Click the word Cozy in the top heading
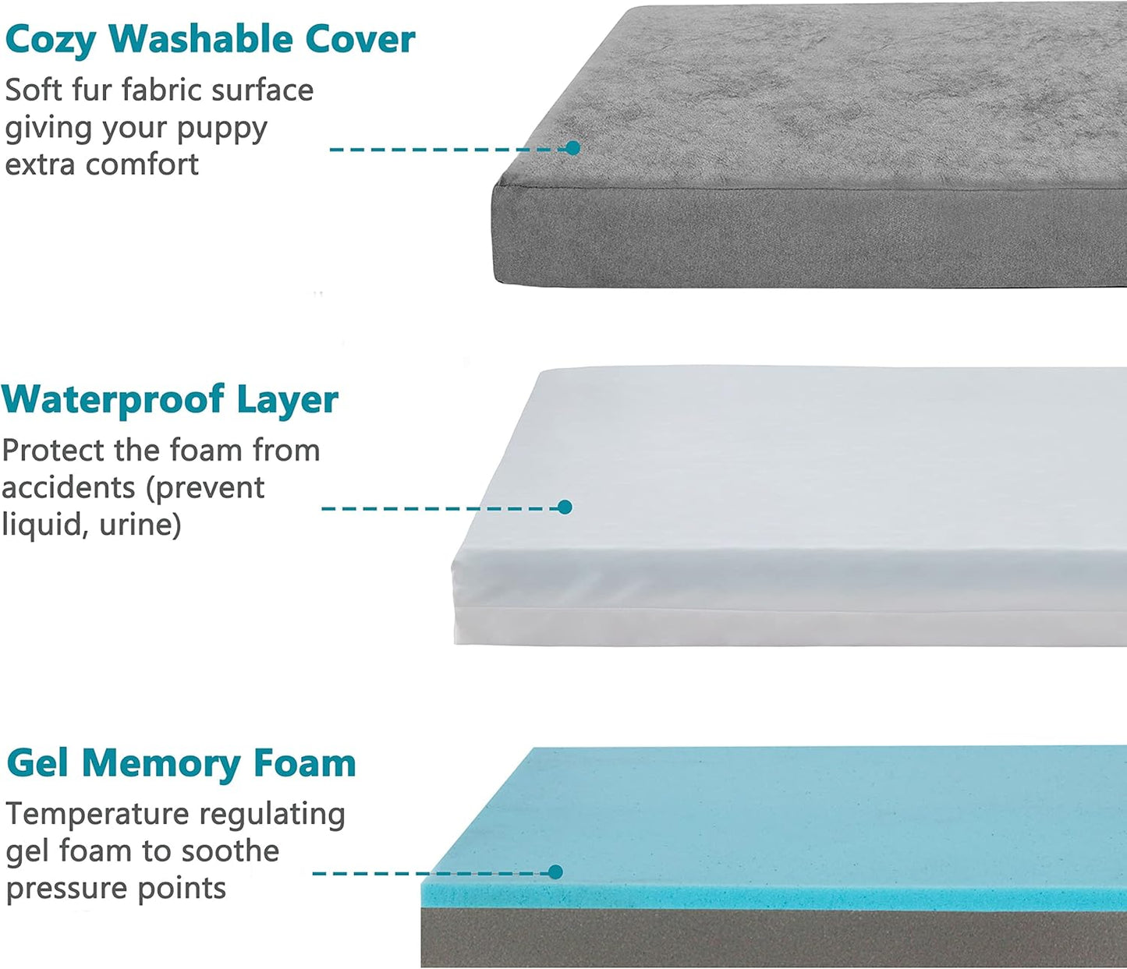[50, 41]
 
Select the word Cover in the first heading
[360, 39]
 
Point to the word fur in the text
[92, 90]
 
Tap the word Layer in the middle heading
[287, 400]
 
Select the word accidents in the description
[69, 488]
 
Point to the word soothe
[232, 851]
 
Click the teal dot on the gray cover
[573, 148]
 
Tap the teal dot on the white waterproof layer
[565, 507]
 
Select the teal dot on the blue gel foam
[555, 872]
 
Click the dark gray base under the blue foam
[772, 939]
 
